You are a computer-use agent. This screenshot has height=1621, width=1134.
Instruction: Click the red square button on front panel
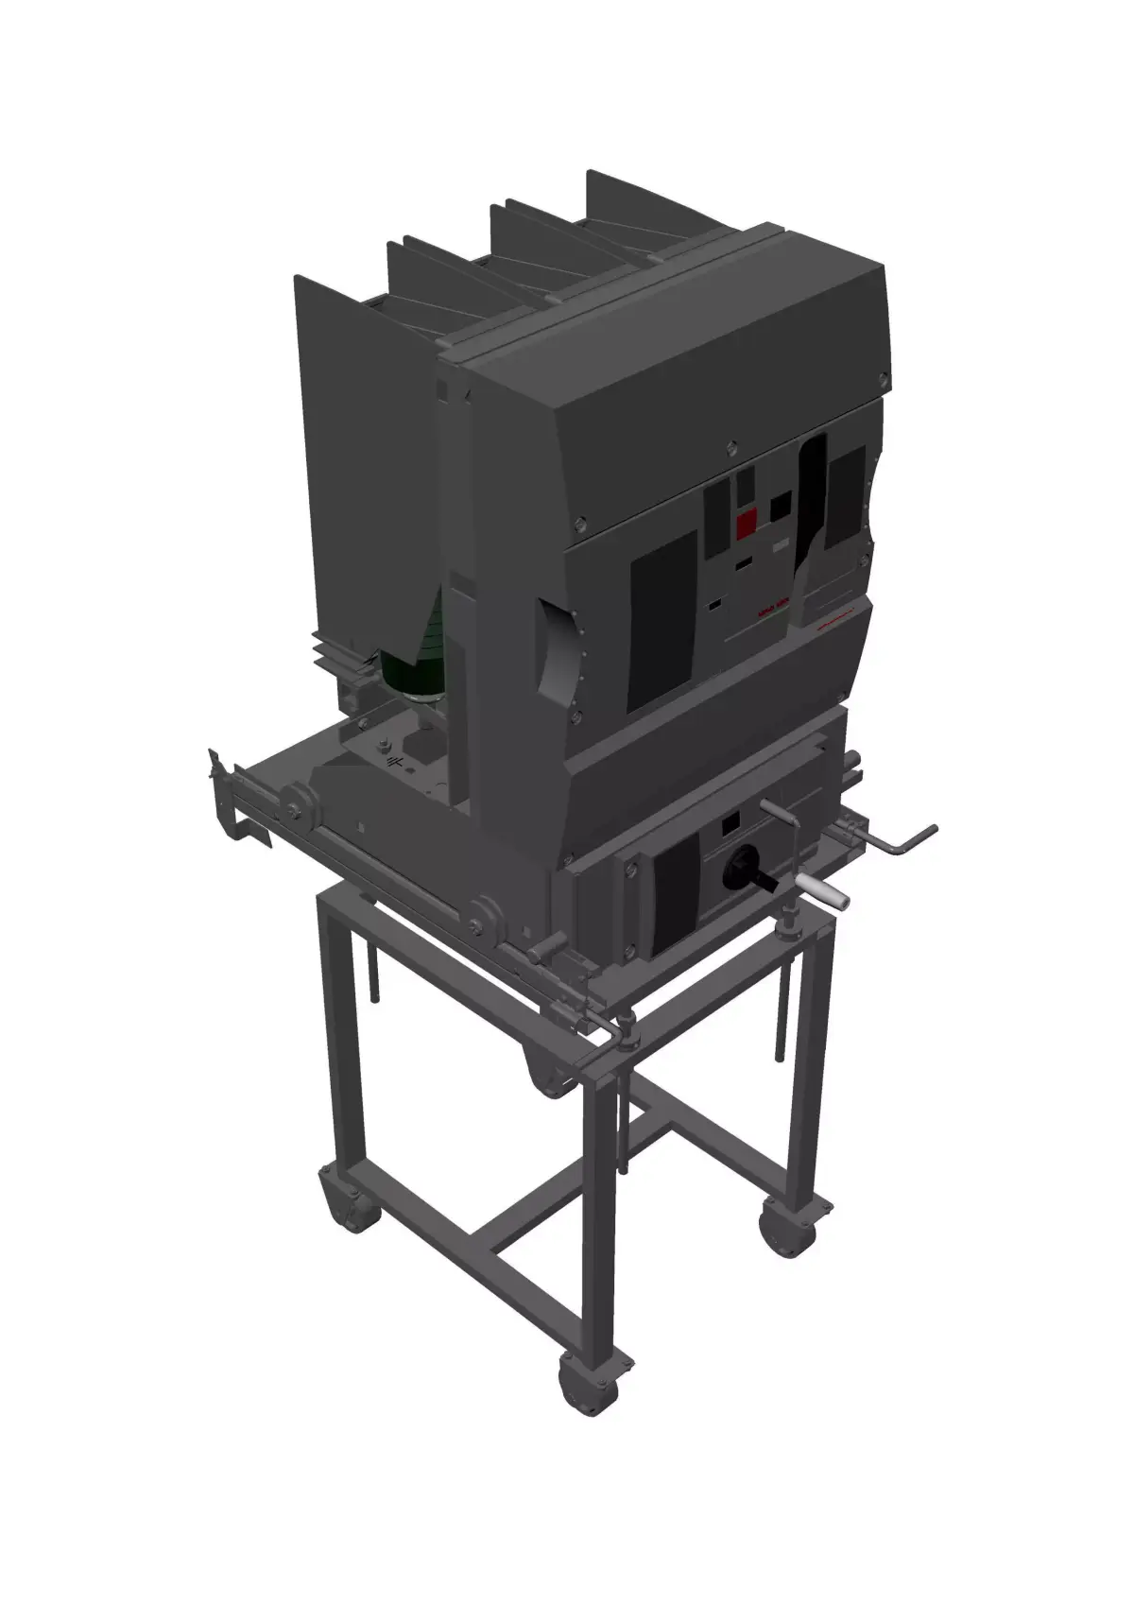click(x=747, y=522)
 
